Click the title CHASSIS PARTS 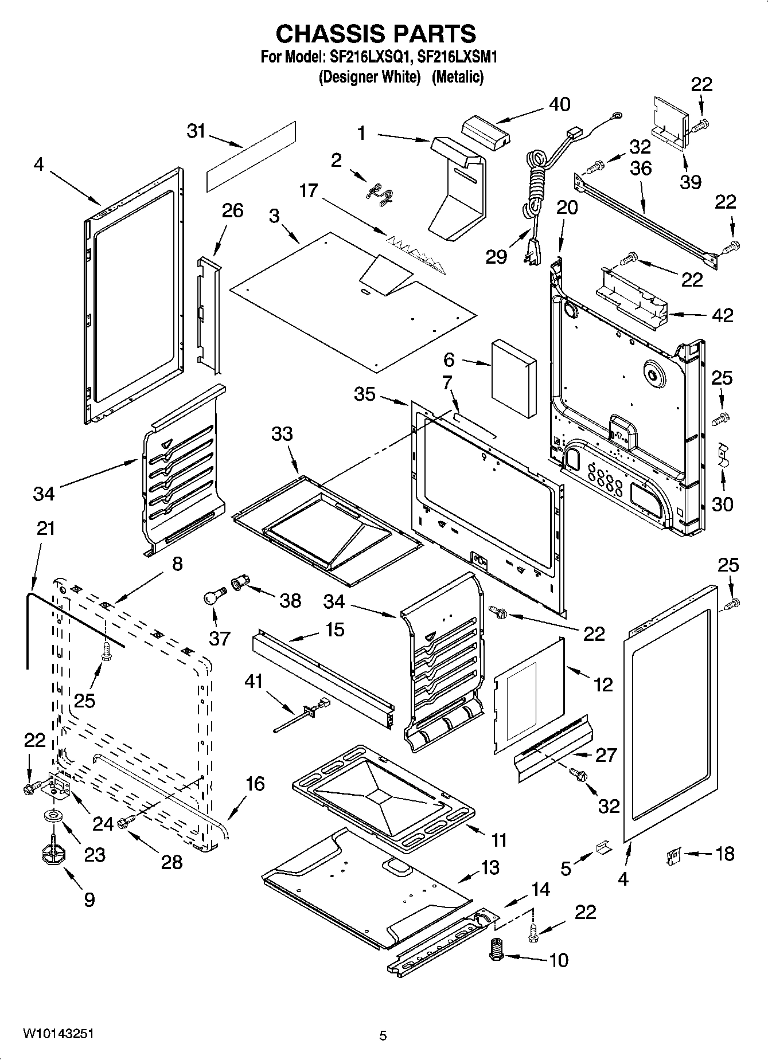point(376,34)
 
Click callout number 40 point(559,104)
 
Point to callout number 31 point(196,131)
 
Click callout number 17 point(309,190)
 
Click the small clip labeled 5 point(603,847)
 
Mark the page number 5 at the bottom point(383,1035)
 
